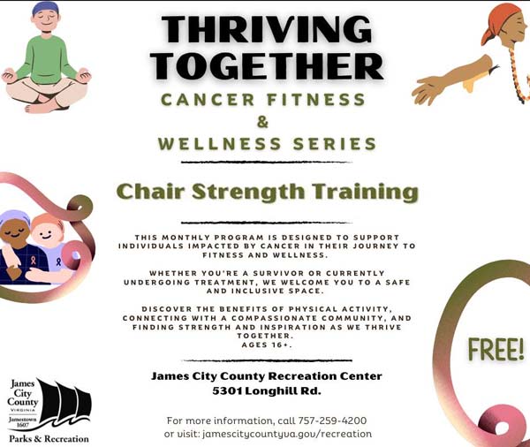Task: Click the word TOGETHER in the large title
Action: pos(273,66)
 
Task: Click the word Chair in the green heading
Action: pos(148,191)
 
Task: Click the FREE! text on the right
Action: pos(496,350)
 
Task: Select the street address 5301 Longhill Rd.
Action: pos(266,391)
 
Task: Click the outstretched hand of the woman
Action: pos(427,89)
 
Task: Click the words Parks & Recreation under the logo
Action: pos(49,438)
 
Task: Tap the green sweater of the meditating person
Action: pos(45,58)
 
